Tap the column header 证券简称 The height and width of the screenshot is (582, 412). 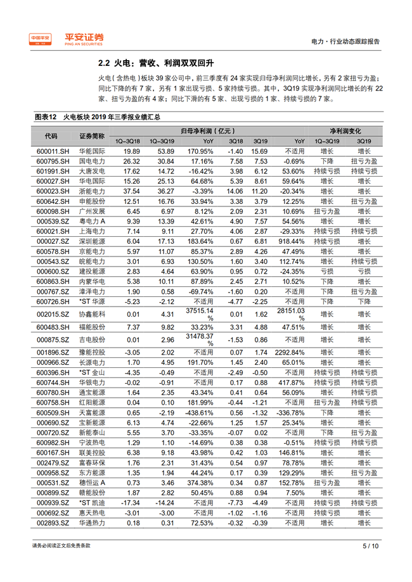tap(91, 136)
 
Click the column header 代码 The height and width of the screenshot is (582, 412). tap(51, 136)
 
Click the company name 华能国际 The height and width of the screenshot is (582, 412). tap(91, 151)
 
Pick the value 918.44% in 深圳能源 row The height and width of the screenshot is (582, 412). tap(293, 241)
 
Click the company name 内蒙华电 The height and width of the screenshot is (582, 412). tap(91, 281)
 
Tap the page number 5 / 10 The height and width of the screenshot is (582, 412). tap(370, 546)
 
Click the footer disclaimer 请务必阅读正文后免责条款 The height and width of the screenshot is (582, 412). tap(61, 546)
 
